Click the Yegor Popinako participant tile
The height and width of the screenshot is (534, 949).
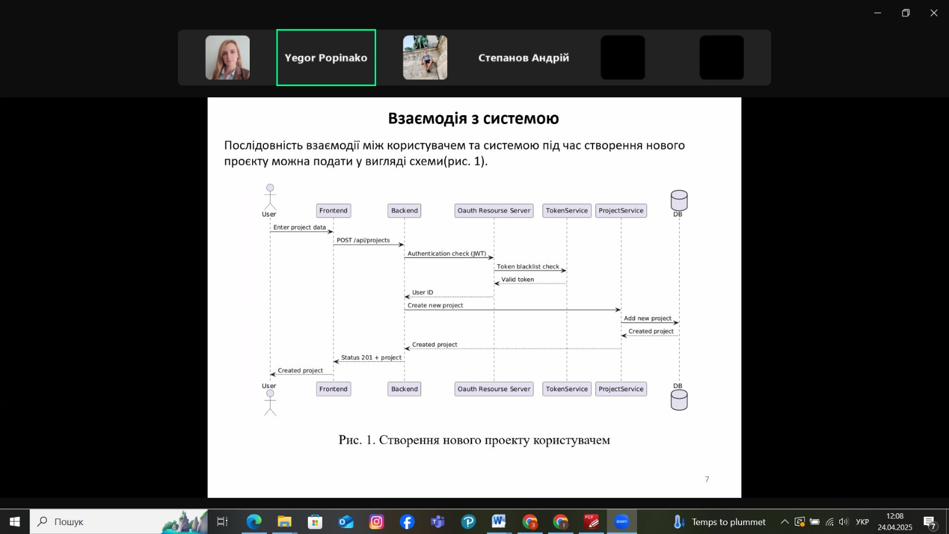tap(326, 58)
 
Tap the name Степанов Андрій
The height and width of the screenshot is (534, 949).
tap(524, 58)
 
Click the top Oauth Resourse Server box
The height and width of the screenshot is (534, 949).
tap(494, 211)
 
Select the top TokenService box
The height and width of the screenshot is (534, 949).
tap(567, 211)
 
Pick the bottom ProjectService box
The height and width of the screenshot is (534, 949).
tap(621, 389)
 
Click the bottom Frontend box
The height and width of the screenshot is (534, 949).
tap(333, 389)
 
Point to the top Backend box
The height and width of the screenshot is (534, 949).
tap(404, 211)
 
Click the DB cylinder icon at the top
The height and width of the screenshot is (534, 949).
tap(679, 200)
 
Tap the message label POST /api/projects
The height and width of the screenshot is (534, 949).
tap(363, 240)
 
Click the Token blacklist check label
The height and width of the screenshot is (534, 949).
tap(528, 266)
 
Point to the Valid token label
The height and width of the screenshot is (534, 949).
tap(518, 279)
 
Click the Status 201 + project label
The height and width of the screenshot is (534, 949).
tap(371, 358)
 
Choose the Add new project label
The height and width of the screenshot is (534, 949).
tap(648, 318)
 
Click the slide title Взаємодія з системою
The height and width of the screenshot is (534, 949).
tap(474, 118)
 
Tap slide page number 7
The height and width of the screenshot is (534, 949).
tap(706, 479)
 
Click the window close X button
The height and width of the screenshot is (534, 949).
tap(934, 13)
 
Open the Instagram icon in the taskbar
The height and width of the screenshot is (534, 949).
tap(376, 522)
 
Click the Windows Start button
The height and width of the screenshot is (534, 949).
tap(15, 522)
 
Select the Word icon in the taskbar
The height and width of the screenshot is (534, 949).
tap(499, 522)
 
